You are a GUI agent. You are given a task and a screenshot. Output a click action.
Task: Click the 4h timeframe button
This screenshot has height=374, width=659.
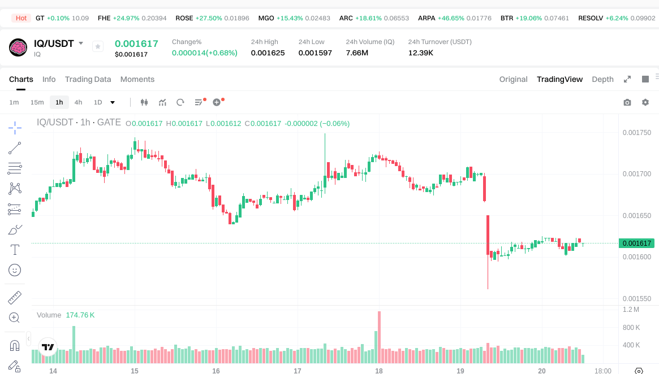(x=78, y=102)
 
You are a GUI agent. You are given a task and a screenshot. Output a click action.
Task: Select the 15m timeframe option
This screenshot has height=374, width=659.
(x=37, y=102)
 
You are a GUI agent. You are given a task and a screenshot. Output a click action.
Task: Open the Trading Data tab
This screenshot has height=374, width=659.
(x=88, y=79)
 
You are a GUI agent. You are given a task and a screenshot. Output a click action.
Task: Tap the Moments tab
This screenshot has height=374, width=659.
(x=137, y=79)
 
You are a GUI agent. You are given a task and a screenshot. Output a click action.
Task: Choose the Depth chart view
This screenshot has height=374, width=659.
(x=602, y=79)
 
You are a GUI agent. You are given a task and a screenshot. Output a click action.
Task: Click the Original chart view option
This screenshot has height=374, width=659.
(x=513, y=79)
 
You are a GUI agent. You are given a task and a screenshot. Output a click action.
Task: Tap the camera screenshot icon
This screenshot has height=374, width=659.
(x=627, y=102)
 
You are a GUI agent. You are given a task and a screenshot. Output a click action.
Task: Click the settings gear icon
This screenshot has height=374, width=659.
(x=645, y=102)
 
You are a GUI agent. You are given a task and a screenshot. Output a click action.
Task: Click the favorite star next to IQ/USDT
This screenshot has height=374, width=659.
(x=98, y=46)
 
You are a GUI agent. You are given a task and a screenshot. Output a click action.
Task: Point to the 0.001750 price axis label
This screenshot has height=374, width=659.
(x=636, y=133)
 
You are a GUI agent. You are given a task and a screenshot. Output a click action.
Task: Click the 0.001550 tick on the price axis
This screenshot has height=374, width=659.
(x=636, y=298)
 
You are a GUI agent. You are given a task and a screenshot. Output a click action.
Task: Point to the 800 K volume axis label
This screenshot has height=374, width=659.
(x=631, y=327)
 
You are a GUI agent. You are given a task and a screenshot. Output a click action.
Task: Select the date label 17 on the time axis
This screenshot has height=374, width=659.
(x=298, y=371)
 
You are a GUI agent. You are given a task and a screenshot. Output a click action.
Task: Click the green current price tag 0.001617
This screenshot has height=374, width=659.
(x=637, y=243)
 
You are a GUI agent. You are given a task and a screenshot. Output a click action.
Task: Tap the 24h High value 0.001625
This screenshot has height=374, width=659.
(x=268, y=53)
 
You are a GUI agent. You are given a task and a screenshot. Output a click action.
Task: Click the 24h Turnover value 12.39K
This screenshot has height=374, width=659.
(x=421, y=53)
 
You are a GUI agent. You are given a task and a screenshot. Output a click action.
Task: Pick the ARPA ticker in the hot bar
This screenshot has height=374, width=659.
(x=427, y=18)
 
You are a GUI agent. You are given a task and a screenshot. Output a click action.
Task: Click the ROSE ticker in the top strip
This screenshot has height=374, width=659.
(x=184, y=18)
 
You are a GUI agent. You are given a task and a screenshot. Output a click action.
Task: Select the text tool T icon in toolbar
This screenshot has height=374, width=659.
(x=15, y=249)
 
